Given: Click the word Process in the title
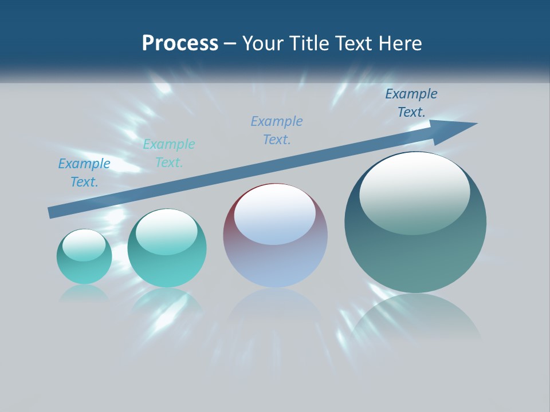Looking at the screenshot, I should coord(180,43).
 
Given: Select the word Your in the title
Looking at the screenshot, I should coord(265,43).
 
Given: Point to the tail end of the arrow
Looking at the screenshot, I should coord(50,213).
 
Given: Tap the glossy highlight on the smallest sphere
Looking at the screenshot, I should coord(84,245).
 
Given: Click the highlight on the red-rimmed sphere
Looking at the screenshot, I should coord(274,214).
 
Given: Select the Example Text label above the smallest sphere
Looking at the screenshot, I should coord(84,173).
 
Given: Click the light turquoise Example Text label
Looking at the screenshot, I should coord(169,153).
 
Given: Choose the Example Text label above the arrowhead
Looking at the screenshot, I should coord(411,103).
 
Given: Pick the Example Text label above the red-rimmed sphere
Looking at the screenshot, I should coord(277,130).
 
